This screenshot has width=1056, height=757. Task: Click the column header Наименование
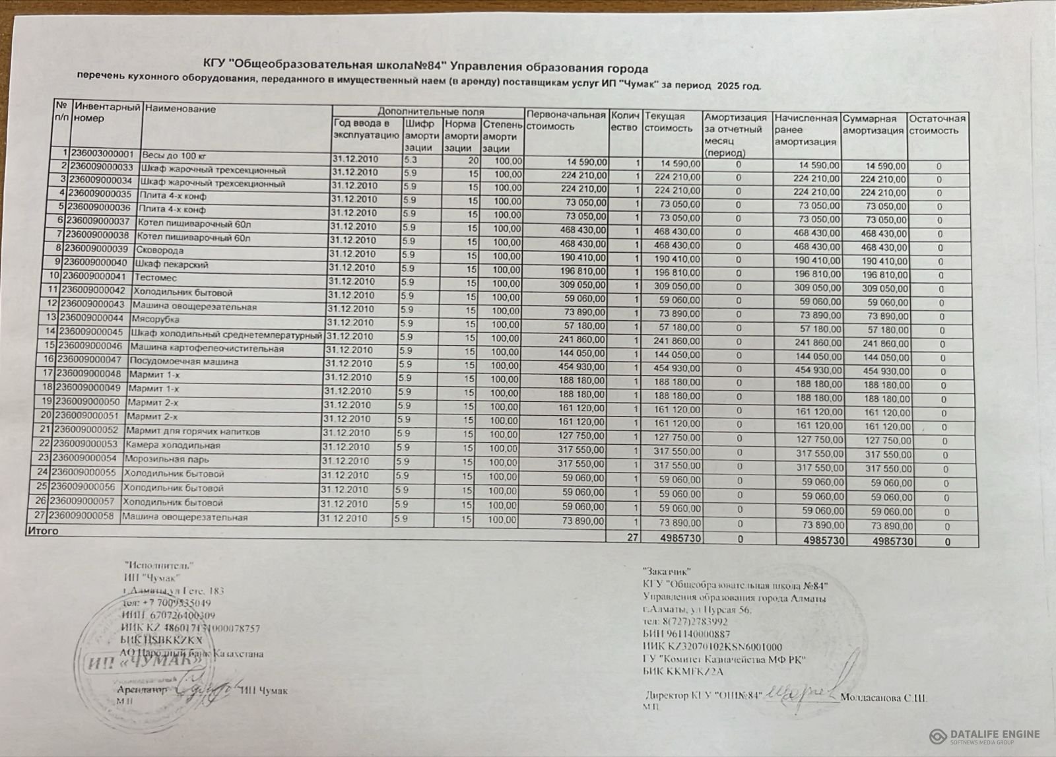tap(180, 109)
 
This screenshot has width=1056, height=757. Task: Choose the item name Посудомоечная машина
tap(183, 362)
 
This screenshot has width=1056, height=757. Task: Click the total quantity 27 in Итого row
tap(632, 538)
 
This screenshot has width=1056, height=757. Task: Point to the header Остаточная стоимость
tap(937, 125)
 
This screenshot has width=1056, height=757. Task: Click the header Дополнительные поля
tap(430, 112)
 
